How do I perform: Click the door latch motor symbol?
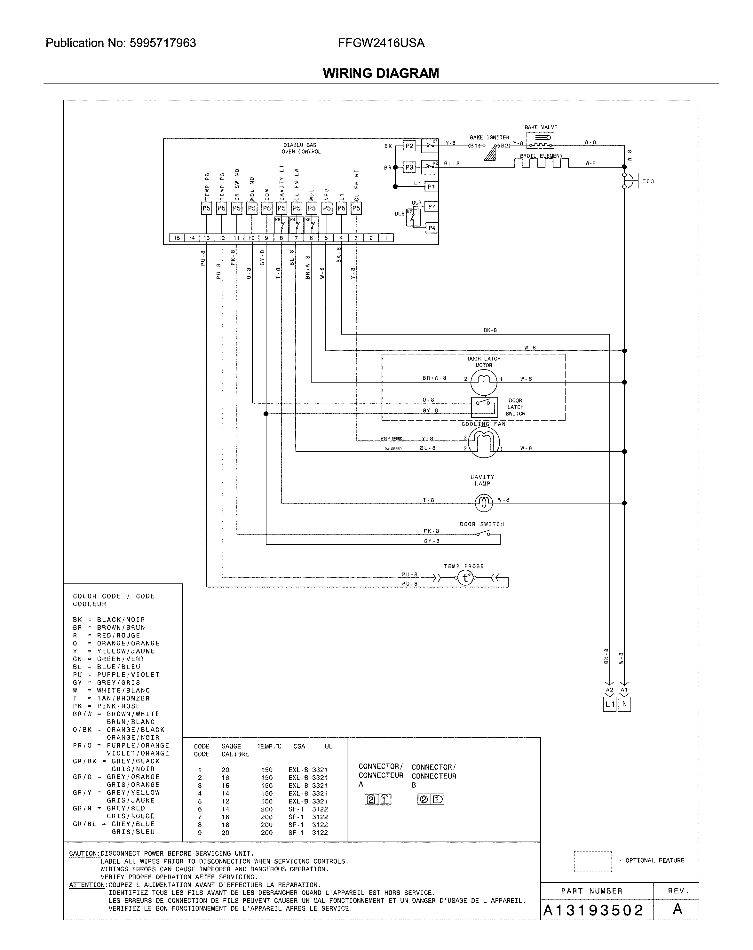pyautogui.click(x=483, y=382)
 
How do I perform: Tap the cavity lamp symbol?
pyautogui.click(x=483, y=502)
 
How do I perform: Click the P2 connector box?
pyautogui.click(x=409, y=146)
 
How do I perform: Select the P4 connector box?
pyautogui.click(x=431, y=228)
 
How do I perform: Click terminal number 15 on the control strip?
pyautogui.click(x=177, y=238)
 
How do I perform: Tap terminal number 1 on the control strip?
pyautogui.click(x=385, y=238)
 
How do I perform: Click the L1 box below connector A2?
pyautogui.click(x=609, y=704)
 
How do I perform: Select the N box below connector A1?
pyautogui.click(x=624, y=704)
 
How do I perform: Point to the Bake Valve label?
pyautogui.click(x=541, y=127)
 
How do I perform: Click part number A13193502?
pyautogui.click(x=593, y=910)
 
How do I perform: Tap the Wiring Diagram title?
pyautogui.click(x=381, y=73)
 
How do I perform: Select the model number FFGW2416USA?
pyautogui.click(x=381, y=43)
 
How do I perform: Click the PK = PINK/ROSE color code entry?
pyautogui.click(x=106, y=706)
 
